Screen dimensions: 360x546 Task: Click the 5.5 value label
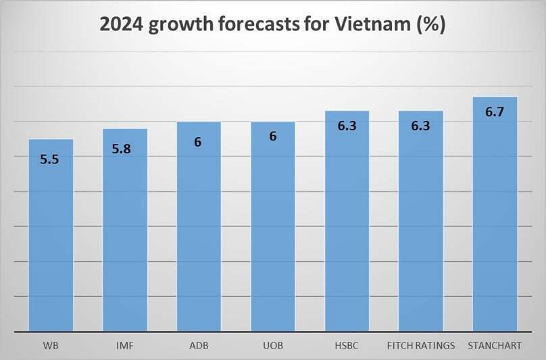point(51,159)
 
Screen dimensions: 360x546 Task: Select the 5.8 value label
point(125,149)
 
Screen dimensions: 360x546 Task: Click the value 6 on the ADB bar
point(199,143)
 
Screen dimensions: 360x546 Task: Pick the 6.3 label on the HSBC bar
point(347,126)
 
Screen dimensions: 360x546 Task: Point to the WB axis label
point(51,346)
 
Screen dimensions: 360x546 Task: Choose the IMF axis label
point(125,346)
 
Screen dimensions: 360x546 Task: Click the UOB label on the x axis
point(273,346)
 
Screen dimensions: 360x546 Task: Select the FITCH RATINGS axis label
point(421,346)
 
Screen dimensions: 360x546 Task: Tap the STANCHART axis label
point(495,346)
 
